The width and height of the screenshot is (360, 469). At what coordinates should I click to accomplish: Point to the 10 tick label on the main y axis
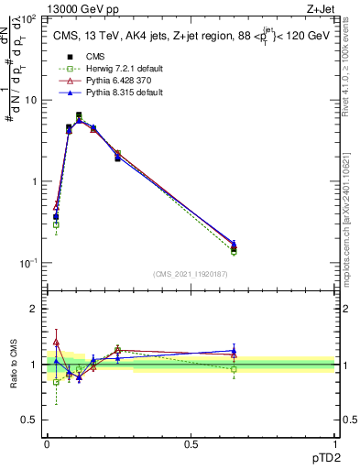tap(32, 100)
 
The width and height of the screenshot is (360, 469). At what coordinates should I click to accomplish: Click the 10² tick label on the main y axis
tap(30, 18)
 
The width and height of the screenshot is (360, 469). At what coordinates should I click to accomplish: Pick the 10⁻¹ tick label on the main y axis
tap(30, 263)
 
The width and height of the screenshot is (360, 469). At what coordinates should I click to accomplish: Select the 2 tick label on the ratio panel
tap(37, 309)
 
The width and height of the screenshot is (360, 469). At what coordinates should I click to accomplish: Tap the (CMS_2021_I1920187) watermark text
tap(191, 274)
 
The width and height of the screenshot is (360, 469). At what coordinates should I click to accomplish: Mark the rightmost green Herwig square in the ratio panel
tap(235, 369)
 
